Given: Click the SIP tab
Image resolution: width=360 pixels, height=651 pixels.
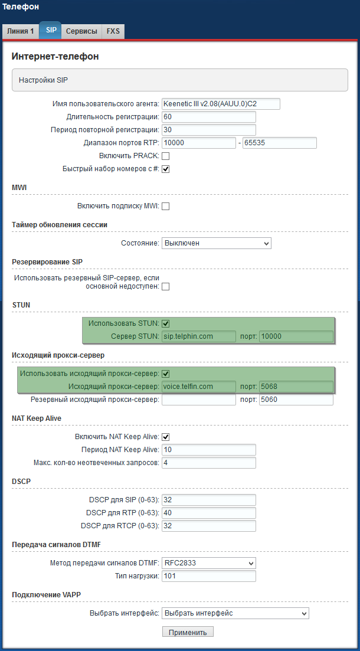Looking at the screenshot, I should [x=51, y=31].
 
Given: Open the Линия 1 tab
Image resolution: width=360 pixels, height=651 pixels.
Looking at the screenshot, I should [x=21, y=31].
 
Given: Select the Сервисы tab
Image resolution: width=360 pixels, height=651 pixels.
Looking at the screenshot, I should [x=81, y=31].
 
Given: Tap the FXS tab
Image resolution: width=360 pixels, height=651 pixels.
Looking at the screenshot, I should [x=113, y=31].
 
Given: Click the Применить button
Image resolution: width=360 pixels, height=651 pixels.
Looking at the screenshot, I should [x=188, y=632].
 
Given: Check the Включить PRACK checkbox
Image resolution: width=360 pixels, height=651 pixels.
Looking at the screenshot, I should [x=166, y=156].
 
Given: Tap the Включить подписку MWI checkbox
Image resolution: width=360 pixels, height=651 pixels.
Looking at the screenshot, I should [x=166, y=207].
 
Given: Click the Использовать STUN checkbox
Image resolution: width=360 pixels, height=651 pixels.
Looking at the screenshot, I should [x=166, y=323].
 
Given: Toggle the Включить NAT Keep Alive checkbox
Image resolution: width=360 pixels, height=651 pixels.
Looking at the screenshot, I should [x=166, y=437].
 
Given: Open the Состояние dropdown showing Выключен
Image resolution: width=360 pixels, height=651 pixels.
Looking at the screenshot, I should [x=216, y=243].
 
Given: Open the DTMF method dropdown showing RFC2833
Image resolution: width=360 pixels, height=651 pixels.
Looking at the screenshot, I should [x=208, y=563].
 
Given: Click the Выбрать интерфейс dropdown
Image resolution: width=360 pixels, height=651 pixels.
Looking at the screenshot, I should [x=235, y=613].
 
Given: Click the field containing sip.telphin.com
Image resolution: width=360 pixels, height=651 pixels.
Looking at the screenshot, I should [x=198, y=336].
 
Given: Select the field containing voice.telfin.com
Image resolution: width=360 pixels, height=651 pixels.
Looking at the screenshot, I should [x=198, y=387].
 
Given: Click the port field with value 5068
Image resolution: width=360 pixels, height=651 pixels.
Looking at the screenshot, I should [x=296, y=387].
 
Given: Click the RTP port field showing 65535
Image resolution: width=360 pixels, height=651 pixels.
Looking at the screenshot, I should [x=280, y=143].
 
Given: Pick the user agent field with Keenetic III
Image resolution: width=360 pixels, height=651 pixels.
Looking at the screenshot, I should [x=221, y=104].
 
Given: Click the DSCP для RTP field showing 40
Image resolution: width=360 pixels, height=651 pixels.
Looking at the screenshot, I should [x=208, y=513].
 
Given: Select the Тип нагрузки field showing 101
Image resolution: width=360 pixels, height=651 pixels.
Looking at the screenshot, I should [x=208, y=576].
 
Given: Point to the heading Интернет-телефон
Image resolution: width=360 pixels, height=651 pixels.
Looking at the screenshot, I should [x=55, y=57].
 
